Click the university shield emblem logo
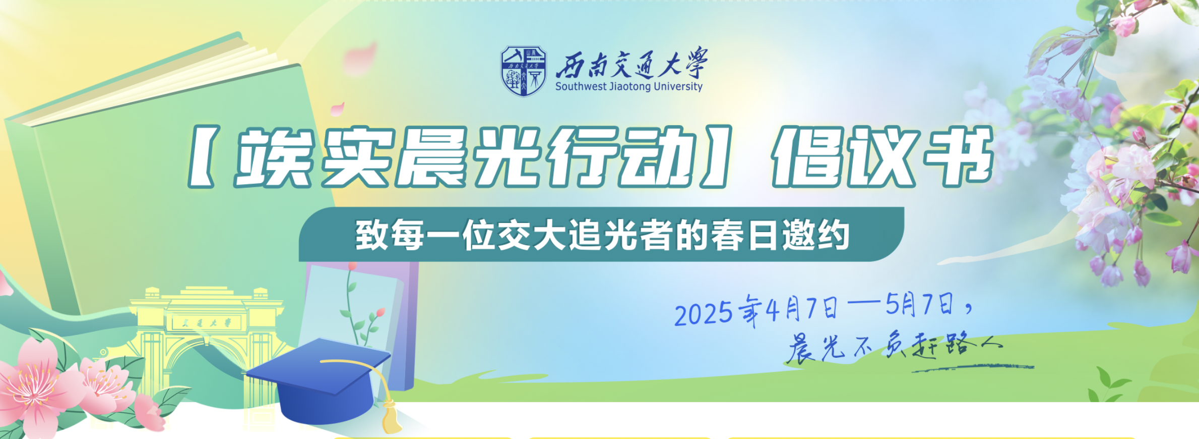(523, 71)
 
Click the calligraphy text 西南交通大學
(632, 63)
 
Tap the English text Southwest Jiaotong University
(628, 86)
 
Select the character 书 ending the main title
(957, 155)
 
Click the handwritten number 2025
(704, 313)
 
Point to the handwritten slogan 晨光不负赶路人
(895, 346)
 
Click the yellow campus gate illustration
(204, 343)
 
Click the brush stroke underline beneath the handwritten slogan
(973, 368)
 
